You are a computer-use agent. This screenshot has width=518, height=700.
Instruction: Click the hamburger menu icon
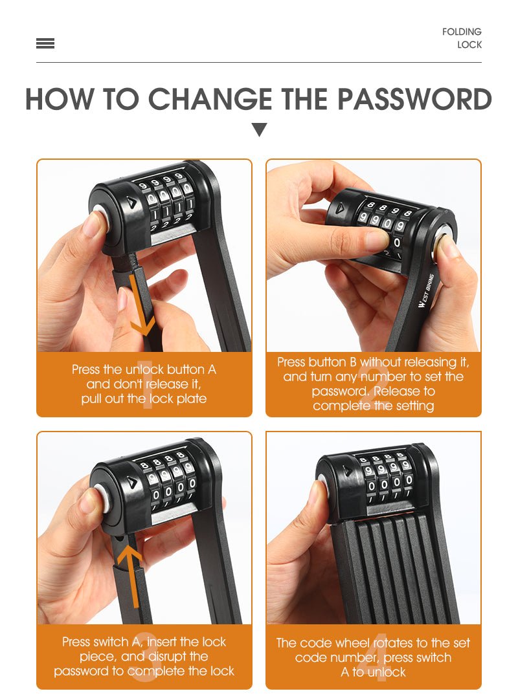pos(45,43)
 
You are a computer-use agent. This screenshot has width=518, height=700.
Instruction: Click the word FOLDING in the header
pos(462,32)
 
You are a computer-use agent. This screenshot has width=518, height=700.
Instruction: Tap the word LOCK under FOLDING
pos(469,45)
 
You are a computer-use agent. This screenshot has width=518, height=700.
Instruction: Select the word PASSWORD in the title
pos(414,99)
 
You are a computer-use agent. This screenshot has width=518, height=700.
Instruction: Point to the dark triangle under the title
pos(259,129)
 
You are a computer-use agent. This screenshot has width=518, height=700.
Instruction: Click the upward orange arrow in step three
pos(131,576)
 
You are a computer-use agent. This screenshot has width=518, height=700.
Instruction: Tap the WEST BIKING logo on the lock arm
pos(426,290)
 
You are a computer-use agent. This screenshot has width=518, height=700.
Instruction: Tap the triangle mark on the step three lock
pos(131,481)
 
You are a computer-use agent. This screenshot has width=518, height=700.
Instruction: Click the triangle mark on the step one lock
pos(131,202)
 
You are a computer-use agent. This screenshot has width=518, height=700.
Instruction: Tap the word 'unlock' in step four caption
pos(385,672)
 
